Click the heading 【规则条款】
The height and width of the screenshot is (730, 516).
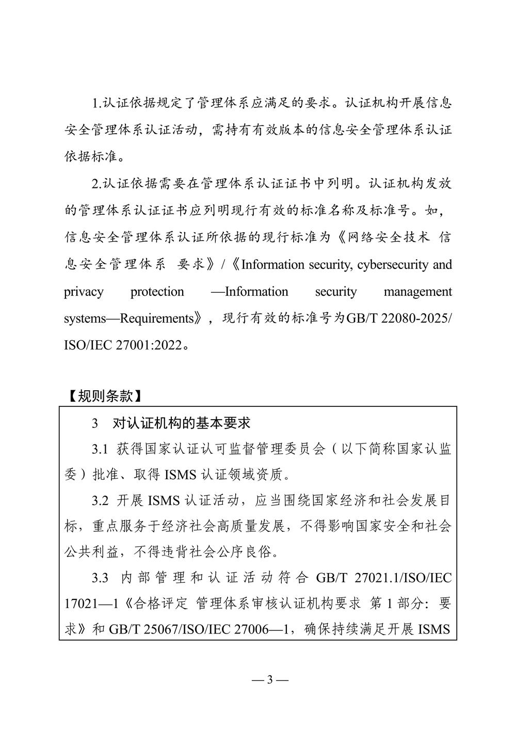(x=104, y=396)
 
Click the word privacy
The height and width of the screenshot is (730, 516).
(x=84, y=292)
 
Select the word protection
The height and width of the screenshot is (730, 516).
(x=157, y=292)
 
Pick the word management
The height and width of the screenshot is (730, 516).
(x=417, y=292)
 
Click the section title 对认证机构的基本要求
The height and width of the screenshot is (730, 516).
(x=181, y=423)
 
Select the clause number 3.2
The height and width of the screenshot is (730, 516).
(x=100, y=500)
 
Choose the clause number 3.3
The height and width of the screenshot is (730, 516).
(x=100, y=578)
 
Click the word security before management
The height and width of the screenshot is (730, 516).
(x=336, y=292)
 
